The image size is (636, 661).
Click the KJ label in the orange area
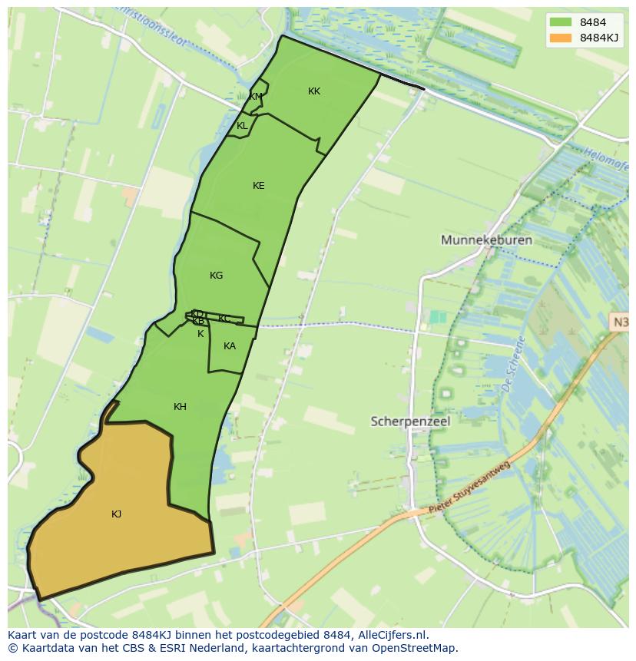click(116, 514)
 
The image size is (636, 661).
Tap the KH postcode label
click(180, 407)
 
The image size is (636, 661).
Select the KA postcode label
click(230, 346)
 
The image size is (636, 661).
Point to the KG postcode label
click(216, 276)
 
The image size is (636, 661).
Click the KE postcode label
click(258, 186)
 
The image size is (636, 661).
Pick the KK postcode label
click(313, 91)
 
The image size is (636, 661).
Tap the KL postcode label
click(242, 126)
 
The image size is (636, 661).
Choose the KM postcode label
click(255, 97)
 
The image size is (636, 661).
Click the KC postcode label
click(224, 319)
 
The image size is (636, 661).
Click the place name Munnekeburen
click(486, 240)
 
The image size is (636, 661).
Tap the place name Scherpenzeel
click(410, 421)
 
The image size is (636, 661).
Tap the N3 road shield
click(621, 322)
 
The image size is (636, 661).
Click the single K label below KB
click(200, 334)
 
